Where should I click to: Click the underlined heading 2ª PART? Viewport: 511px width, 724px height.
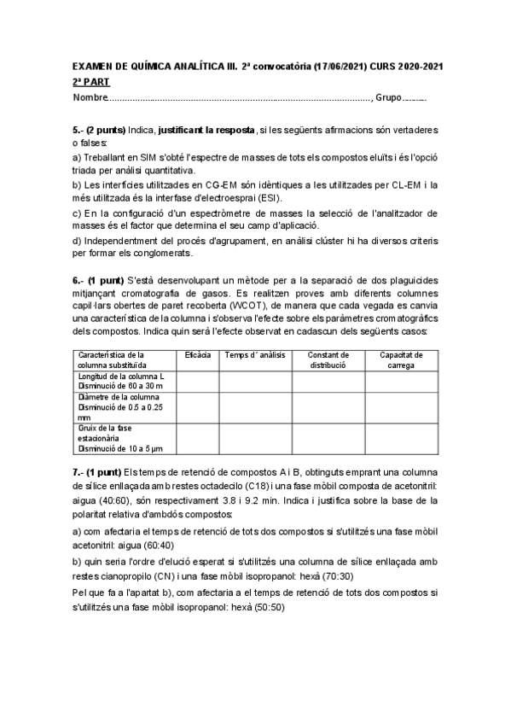coord(91,82)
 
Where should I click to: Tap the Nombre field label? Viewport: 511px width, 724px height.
coord(90,98)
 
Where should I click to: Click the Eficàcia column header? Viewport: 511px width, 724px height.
coord(198,354)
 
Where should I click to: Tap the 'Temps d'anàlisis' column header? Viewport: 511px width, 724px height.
coord(256,354)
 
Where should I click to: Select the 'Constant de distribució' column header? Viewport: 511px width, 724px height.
coord(328,359)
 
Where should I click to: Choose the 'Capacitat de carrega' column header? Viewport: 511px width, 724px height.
coord(402,359)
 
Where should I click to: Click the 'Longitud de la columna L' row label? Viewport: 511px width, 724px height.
coord(121,376)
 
